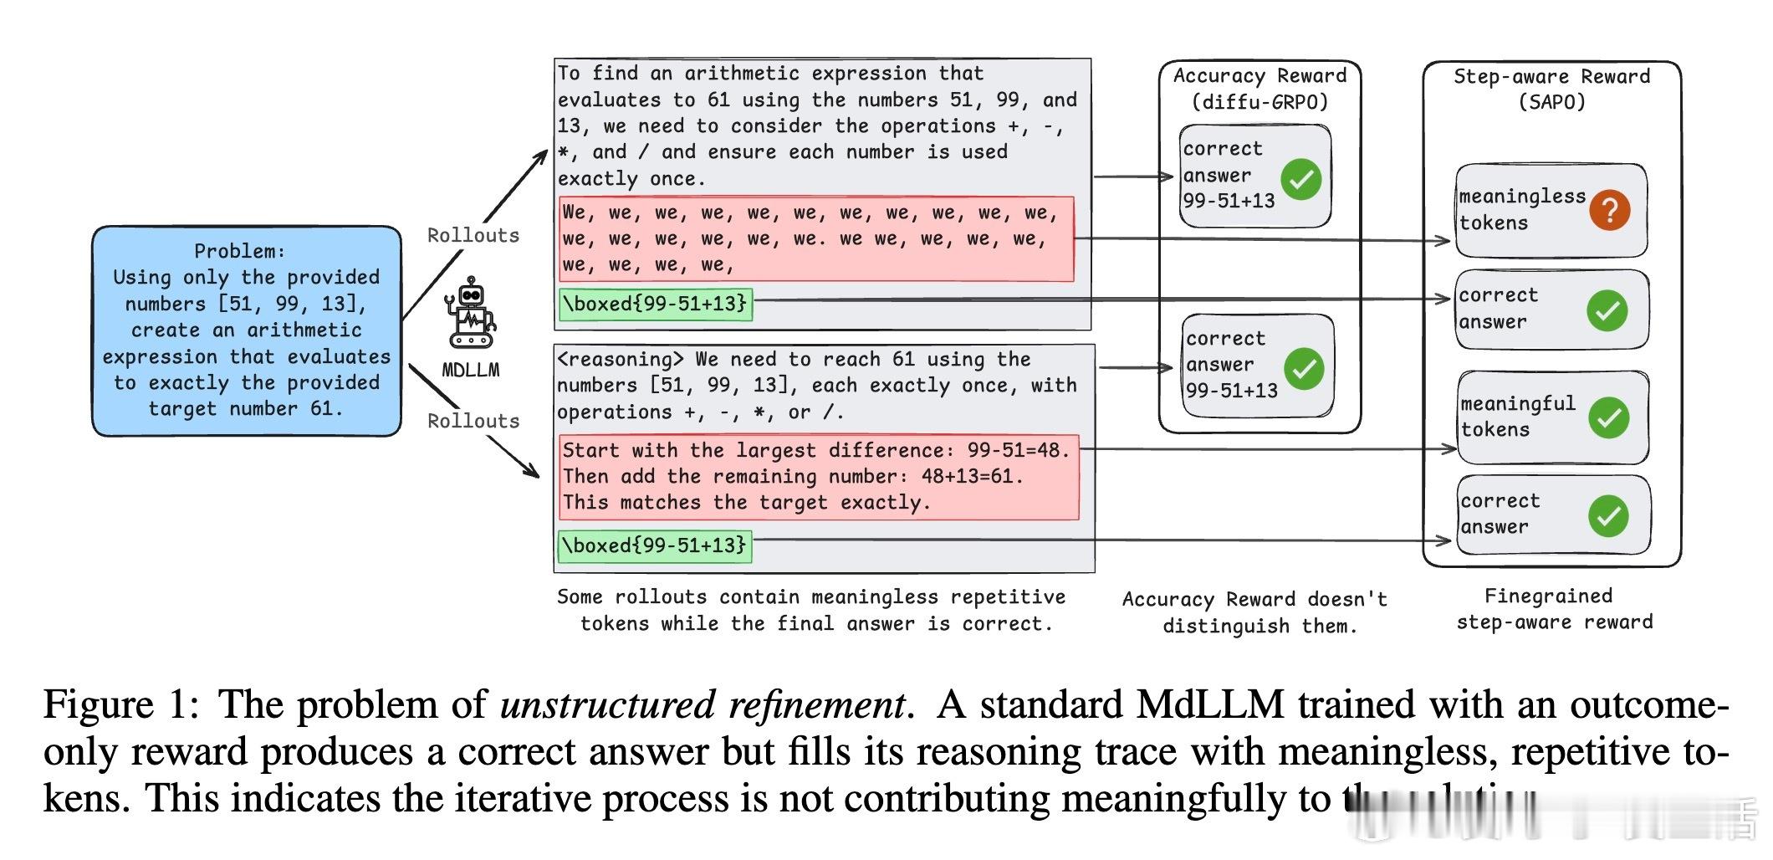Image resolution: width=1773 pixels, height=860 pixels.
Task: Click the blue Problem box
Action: (246, 330)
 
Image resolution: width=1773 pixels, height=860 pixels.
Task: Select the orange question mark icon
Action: (1610, 209)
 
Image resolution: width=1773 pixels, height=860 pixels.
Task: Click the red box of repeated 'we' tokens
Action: (815, 239)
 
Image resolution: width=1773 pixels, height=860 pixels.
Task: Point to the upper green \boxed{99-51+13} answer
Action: (655, 304)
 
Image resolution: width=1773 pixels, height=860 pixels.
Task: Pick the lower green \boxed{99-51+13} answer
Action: (655, 545)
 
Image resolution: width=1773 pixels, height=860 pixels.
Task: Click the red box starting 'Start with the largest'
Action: (818, 477)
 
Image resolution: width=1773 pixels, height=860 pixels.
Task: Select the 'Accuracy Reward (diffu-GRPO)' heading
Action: (1259, 89)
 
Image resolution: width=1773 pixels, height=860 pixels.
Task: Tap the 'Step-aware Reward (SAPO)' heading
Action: (1551, 89)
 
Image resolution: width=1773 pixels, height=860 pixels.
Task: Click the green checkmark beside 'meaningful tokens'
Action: (1608, 417)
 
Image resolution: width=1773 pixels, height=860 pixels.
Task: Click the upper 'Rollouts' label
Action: (473, 236)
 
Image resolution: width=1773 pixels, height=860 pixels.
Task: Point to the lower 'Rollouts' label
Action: (473, 421)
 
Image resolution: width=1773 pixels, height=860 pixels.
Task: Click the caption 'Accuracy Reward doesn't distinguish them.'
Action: (1255, 612)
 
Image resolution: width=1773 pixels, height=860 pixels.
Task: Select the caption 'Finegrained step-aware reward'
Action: (1554, 609)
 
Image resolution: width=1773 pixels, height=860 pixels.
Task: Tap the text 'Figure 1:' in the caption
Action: (121, 704)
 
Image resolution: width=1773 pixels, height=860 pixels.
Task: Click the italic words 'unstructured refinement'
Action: (703, 704)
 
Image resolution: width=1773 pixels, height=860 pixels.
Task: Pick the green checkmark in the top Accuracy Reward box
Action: (1301, 178)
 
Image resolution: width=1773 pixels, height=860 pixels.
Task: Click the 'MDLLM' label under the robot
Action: (471, 370)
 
